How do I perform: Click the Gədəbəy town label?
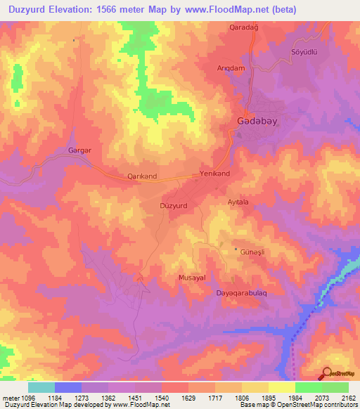pos(253,122)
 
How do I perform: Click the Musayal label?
pos(191,278)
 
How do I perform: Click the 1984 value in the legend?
pos(295,397)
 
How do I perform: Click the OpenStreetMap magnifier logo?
pos(326,373)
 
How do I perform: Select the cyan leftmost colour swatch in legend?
pos(41,387)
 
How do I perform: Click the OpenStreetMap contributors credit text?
pos(314,405)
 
